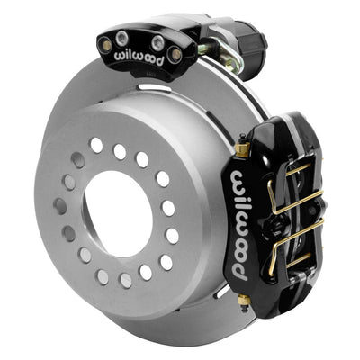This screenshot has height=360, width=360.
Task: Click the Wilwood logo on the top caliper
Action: point(139,57)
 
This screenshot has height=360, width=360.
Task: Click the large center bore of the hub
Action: point(119,214)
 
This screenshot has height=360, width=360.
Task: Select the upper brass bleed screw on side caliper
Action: point(243,148)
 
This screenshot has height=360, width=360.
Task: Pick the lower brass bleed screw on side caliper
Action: point(244,300)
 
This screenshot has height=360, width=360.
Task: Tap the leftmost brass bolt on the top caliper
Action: point(106,45)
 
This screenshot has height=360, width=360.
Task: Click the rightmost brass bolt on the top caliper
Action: point(175,55)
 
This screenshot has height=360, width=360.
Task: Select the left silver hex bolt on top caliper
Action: point(122,39)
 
